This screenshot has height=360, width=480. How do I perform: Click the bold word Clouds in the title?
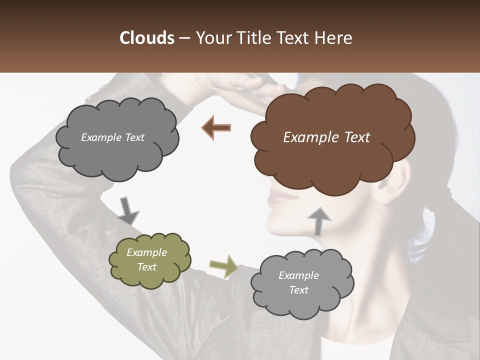[146, 38]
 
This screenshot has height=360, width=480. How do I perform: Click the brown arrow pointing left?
[217, 127]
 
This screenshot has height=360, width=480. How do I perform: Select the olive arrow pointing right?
[223, 266]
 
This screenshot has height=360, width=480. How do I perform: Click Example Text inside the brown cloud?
[326, 137]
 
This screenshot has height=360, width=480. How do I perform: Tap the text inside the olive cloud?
[147, 259]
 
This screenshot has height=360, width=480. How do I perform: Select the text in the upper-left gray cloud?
[112, 137]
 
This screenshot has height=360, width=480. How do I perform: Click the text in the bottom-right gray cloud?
[298, 282]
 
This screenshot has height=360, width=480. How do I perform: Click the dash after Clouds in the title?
[184, 38]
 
